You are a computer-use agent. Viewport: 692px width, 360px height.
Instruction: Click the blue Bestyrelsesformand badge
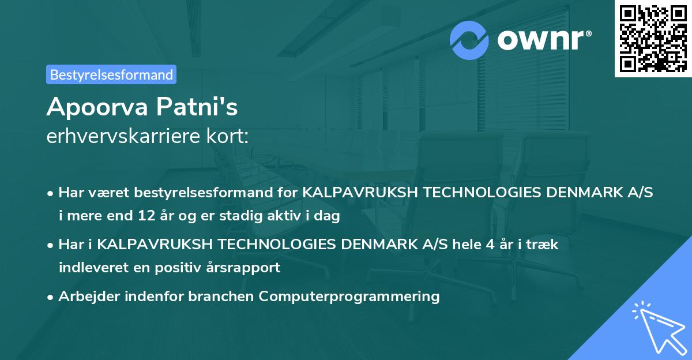111,74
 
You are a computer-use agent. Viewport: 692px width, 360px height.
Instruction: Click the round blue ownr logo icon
469,41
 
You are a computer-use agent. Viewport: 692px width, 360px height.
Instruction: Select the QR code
652,38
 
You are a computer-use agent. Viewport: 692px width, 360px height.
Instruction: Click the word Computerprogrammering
349,297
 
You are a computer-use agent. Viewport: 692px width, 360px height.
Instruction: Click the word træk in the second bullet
545,244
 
